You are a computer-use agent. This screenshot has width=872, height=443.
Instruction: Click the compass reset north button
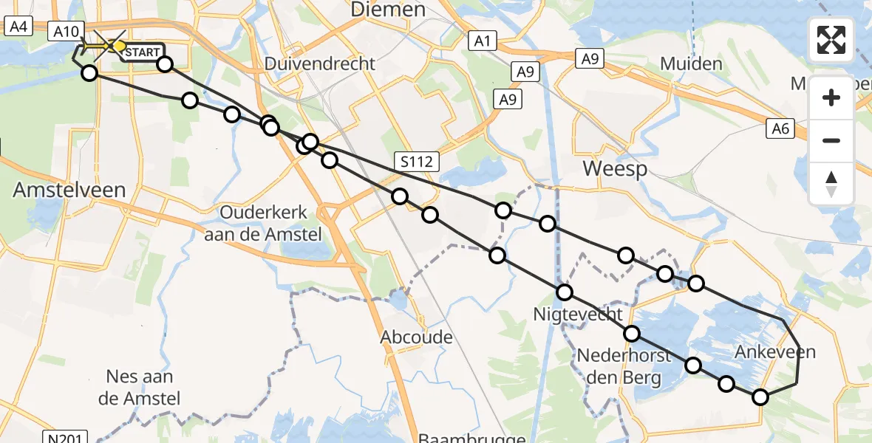point(831,185)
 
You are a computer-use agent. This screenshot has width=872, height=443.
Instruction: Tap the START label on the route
point(140,52)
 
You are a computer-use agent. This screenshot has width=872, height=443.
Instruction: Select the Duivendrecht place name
point(320,63)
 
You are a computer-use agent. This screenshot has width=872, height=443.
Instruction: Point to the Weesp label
point(615,169)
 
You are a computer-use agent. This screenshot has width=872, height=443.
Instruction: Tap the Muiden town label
point(691,64)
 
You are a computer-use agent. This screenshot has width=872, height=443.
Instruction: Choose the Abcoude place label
point(416,337)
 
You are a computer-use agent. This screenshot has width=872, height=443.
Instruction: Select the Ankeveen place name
point(775,352)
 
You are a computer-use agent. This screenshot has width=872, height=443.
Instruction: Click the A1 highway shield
point(482,42)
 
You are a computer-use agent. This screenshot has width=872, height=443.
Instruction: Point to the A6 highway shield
point(780,130)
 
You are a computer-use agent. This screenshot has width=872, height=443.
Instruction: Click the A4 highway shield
point(17,27)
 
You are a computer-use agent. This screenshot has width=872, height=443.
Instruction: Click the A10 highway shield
point(65,31)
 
